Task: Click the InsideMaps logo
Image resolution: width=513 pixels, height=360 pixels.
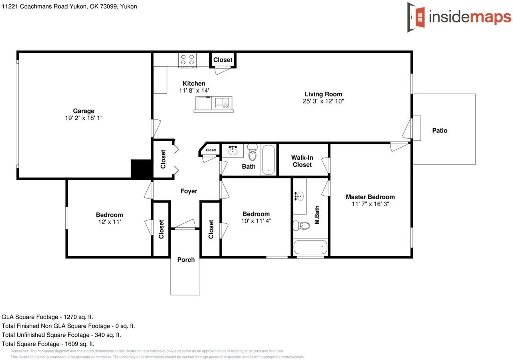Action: [x=459, y=17]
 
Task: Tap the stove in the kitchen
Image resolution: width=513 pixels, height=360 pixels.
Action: [x=188, y=60]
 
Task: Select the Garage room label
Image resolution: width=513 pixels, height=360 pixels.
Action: [x=83, y=111]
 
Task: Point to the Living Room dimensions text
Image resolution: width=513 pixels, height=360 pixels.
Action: [x=323, y=101]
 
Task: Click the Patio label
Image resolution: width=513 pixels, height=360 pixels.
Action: [x=440, y=130]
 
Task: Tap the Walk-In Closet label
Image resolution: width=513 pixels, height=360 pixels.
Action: [x=302, y=161]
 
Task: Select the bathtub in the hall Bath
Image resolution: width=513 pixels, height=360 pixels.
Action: [x=269, y=160]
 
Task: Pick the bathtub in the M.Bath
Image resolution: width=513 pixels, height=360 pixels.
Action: [x=311, y=247]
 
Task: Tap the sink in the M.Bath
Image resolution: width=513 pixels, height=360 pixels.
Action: [x=299, y=196]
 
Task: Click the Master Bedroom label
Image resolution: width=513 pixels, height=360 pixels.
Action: [x=370, y=197]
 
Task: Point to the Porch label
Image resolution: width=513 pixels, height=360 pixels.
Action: [x=186, y=259]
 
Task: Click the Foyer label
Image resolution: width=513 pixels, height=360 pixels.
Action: [x=188, y=191]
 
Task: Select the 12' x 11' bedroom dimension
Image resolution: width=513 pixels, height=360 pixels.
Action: [x=109, y=222]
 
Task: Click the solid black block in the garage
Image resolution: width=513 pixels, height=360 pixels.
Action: [x=141, y=168]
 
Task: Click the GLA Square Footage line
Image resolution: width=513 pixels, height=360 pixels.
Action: [x=47, y=317]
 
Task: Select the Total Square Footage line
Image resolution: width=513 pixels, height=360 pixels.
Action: [x=48, y=344]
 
